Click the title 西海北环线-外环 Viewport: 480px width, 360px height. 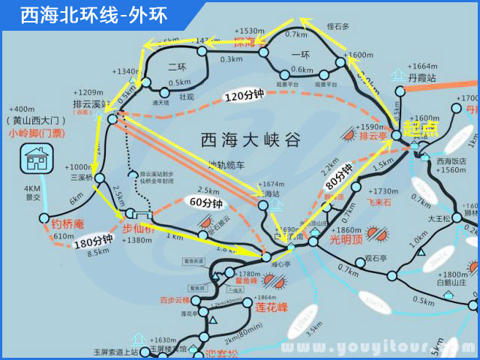(94, 14)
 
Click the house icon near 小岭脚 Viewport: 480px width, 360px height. (36, 160)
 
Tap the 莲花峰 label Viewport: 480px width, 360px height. (271, 307)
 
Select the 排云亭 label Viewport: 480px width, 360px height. (373, 136)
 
